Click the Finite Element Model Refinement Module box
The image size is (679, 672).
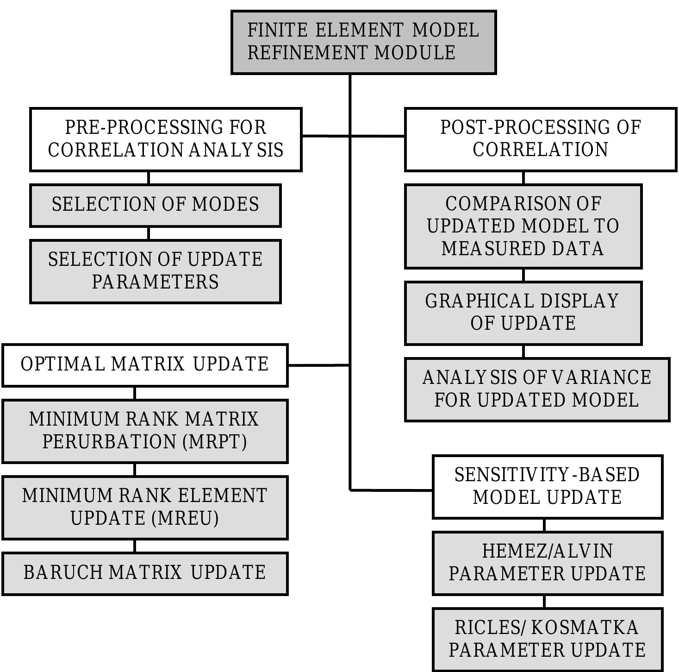(363, 42)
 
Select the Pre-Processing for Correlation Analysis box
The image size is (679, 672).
(166, 139)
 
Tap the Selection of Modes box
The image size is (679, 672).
(155, 205)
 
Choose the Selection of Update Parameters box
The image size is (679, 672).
(155, 271)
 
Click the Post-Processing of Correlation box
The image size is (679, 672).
(540, 139)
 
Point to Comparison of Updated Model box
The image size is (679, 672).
(523, 226)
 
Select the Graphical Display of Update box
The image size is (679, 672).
(523, 313)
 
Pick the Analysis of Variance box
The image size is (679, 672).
(537, 389)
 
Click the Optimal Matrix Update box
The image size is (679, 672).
(145, 365)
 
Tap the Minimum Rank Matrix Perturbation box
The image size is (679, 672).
(145, 431)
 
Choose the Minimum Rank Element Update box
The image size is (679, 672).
(145, 507)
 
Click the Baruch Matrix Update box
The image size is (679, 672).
(145, 573)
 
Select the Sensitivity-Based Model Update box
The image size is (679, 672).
(547, 486)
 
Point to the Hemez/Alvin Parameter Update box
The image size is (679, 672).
(547, 563)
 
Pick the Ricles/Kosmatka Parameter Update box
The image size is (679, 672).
(547, 639)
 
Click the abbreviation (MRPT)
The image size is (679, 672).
(215, 442)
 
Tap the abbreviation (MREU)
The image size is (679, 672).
(185, 518)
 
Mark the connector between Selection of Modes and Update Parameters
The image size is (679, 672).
(149, 233)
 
